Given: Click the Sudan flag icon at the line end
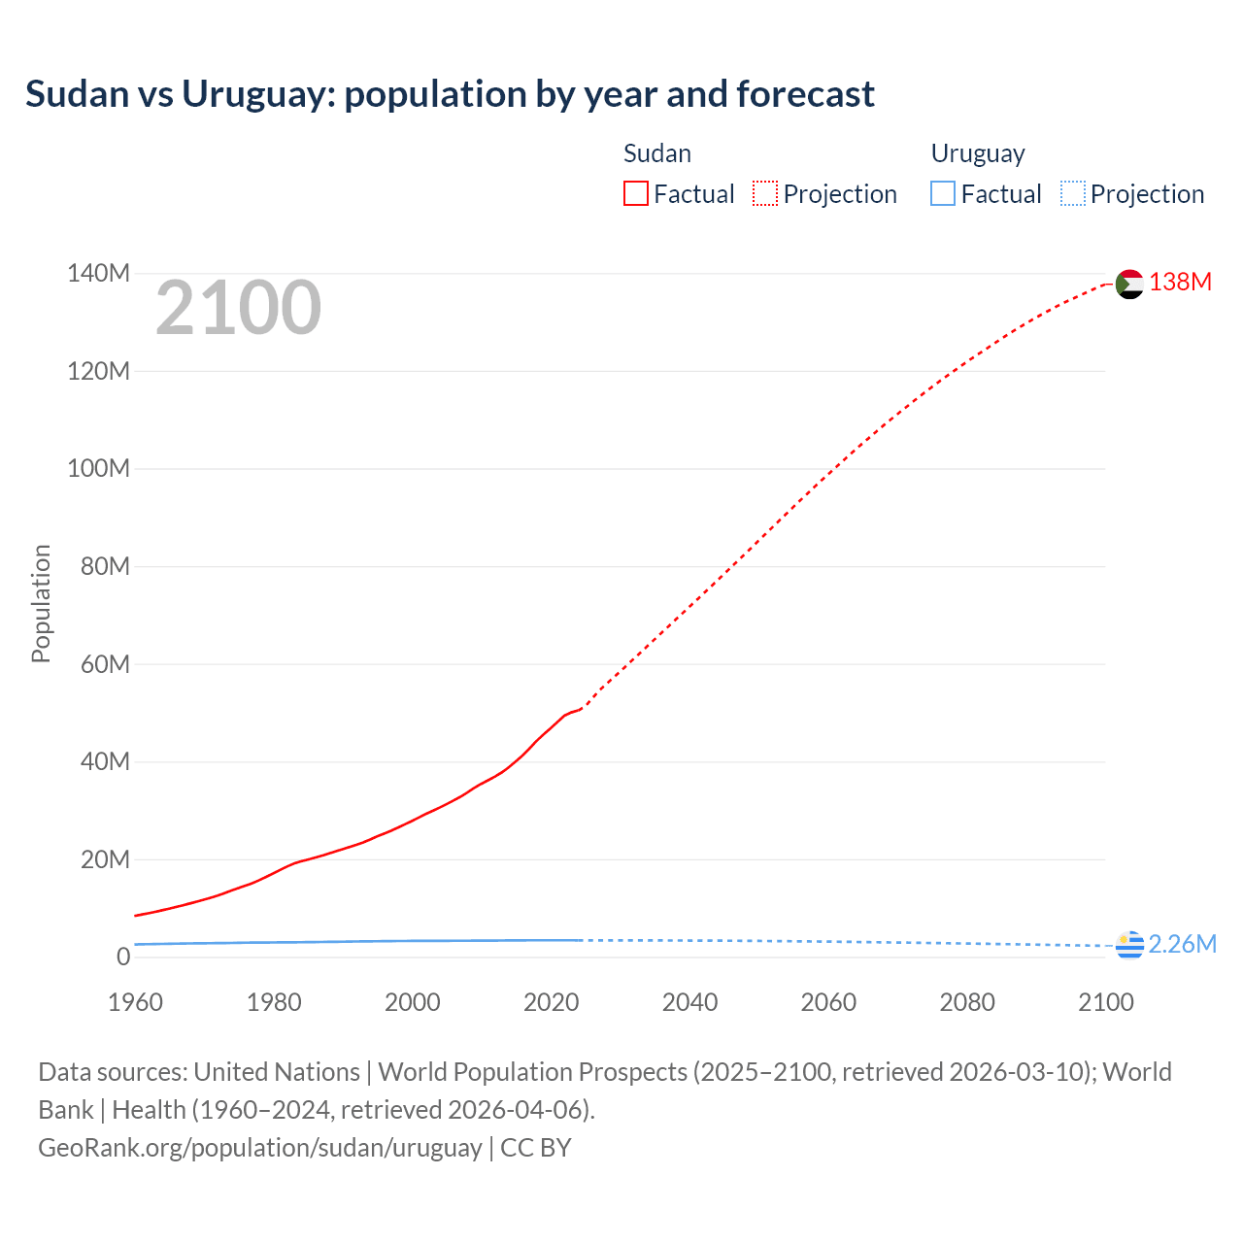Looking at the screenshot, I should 1129,284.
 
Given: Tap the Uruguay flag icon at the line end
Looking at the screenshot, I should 1129,945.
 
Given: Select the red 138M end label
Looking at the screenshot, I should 1180,282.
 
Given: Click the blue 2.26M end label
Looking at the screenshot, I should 1182,944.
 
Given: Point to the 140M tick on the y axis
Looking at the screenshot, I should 98,273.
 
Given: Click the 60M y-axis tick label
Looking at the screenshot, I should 105,664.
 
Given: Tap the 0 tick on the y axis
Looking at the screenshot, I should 123,957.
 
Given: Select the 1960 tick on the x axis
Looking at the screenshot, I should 136,1002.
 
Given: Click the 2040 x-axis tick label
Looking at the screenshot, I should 689,1002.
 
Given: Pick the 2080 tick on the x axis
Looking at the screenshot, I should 967,1002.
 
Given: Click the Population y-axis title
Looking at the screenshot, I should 41,603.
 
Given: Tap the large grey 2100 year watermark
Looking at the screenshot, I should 238,308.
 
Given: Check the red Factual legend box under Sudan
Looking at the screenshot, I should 636,193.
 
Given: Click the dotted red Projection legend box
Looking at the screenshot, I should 765,193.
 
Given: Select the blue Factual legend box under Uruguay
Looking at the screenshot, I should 943,193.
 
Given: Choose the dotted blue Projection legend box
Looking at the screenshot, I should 1073,193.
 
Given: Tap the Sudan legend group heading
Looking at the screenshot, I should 657,153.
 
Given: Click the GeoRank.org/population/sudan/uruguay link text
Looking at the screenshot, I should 260,1147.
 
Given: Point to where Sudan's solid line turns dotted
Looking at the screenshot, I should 581,708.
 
